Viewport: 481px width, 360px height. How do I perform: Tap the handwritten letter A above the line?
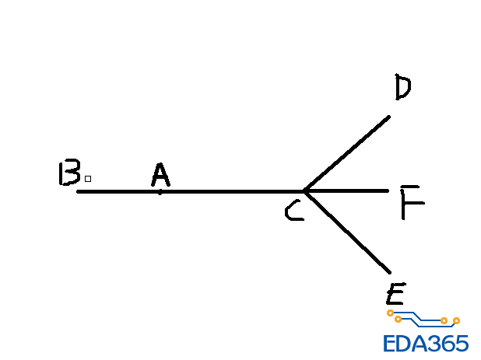tap(160, 176)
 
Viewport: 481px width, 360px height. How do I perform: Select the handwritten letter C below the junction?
tap(293, 211)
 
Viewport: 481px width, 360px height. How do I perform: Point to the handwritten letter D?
tap(402, 87)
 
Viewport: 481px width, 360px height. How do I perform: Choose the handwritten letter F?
tap(411, 203)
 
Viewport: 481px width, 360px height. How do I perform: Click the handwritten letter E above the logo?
tap(395, 294)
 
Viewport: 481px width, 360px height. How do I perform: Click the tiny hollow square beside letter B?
tap(88, 179)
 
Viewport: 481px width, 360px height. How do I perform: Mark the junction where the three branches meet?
tap(305, 190)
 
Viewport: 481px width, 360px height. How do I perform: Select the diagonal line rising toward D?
tap(348, 153)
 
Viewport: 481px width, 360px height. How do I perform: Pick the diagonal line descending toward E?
tap(348, 232)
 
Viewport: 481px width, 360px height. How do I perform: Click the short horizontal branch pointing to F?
tap(350, 190)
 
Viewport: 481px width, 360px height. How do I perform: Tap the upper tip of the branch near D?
tap(388, 117)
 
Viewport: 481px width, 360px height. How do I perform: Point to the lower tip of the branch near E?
tap(388, 271)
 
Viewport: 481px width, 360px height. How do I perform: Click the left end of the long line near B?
tap(79, 190)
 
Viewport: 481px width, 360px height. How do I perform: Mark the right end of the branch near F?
tap(387, 190)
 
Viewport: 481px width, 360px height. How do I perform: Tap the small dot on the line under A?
tap(160, 191)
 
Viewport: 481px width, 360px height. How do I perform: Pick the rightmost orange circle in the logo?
tap(456, 320)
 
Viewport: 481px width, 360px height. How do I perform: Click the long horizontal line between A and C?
tap(233, 190)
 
